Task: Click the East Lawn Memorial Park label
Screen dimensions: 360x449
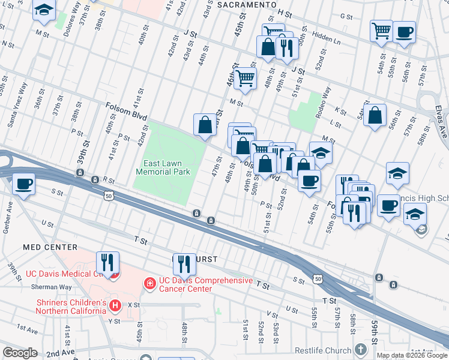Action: (163, 167)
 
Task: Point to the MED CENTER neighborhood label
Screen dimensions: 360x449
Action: (50, 247)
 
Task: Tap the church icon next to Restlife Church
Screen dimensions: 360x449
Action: (360, 349)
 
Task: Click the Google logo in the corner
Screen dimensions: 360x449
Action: (20, 353)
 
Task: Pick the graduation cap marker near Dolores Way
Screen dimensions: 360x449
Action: (44, 10)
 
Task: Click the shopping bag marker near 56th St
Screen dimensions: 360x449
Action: (375, 116)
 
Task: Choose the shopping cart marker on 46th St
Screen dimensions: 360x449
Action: (245, 79)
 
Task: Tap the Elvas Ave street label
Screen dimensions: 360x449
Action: (441, 121)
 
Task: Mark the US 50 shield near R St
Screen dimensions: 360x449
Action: (109, 196)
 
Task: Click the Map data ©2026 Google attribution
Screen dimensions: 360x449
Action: (412, 355)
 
